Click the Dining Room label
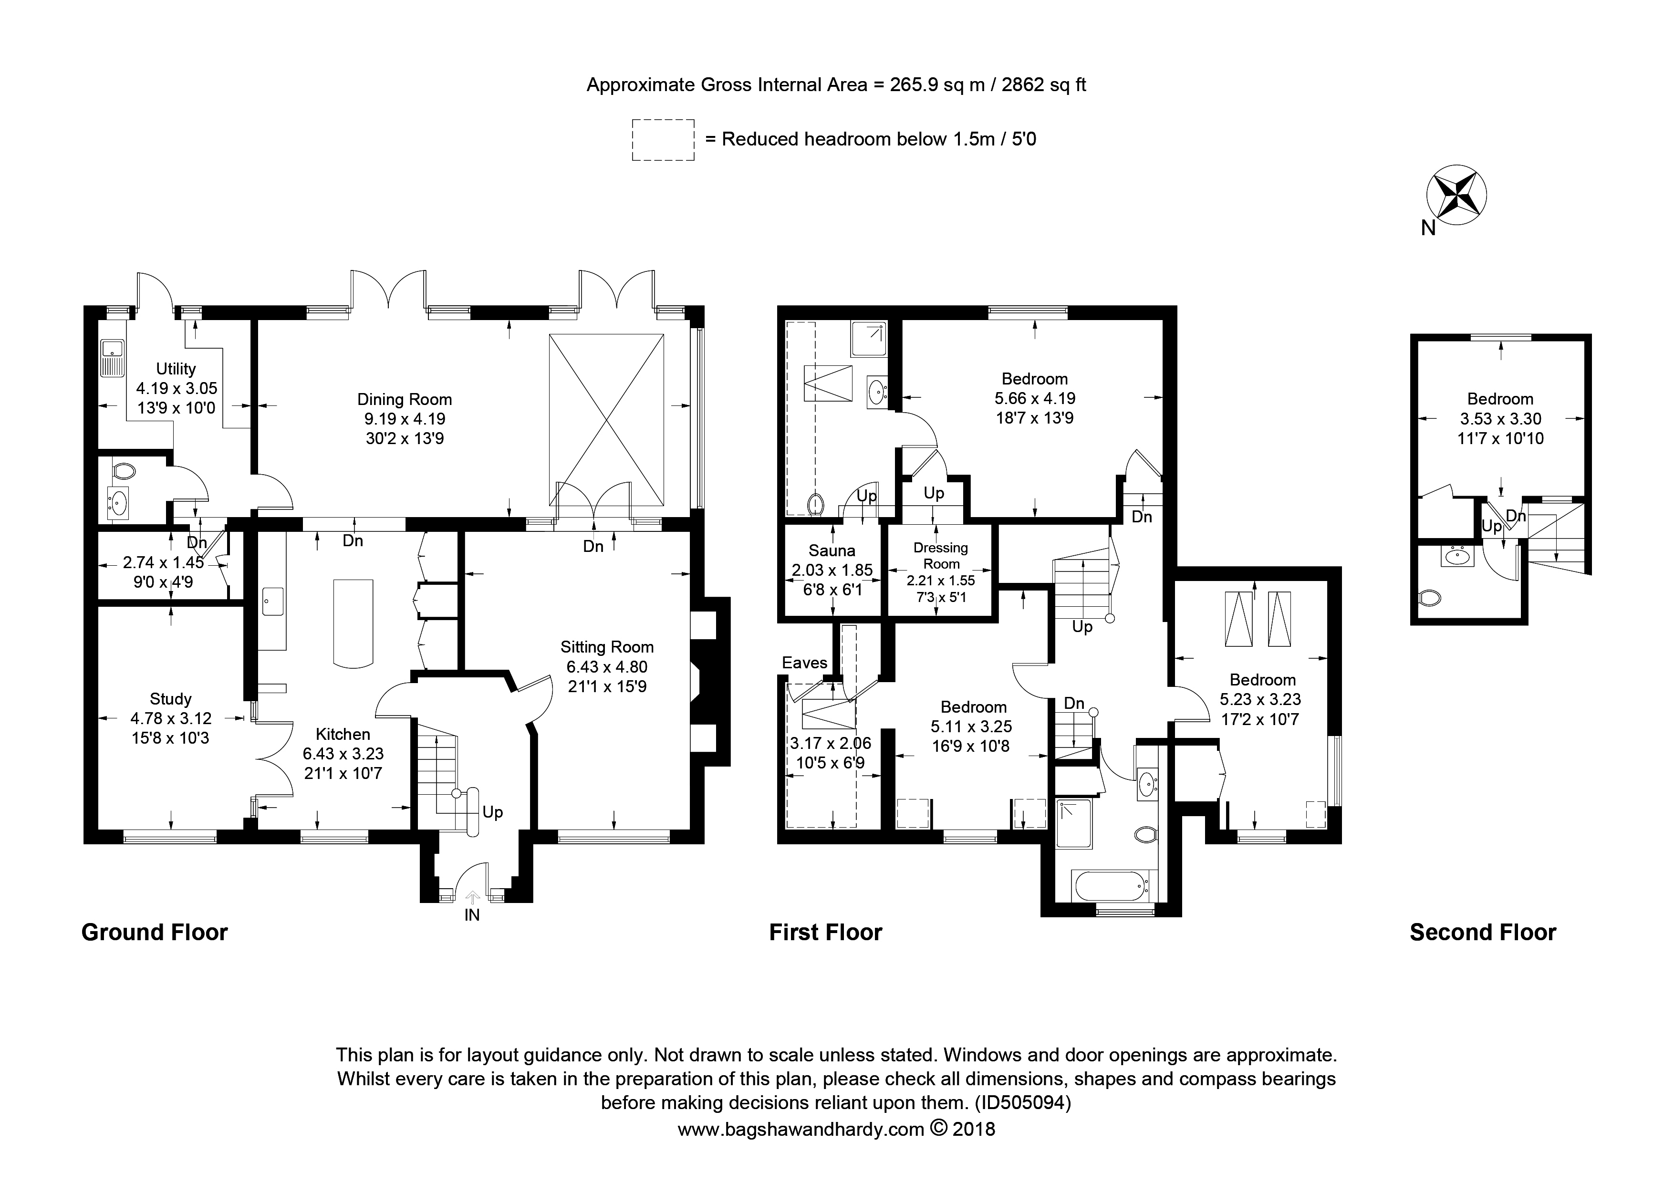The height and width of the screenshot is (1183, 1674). pyautogui.click(x=405, y=399)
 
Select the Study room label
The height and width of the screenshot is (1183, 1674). pyautogui.click(x=171, y=699)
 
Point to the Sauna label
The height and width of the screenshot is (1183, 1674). pyautogui.click(x=832, y=551)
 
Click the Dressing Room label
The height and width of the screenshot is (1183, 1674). pyautogui.click(x=941, y=555)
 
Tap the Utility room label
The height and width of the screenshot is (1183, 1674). pyautogui.click(x=176, y=369)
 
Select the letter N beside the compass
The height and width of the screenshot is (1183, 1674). pyautogui.click(x=1428, y=228)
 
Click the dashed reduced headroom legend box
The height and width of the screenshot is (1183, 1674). pyautogui.click(x=663, y=140)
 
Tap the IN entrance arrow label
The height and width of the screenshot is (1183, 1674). pyautogui.click(x=472, y=915)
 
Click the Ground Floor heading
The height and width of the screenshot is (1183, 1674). pyautogui.click(x=155, y=932)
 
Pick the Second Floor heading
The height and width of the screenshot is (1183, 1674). pyautogui.click(x=1483, y=932)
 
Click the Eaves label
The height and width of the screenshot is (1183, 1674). pyautogui.click(x=805, y=663)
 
